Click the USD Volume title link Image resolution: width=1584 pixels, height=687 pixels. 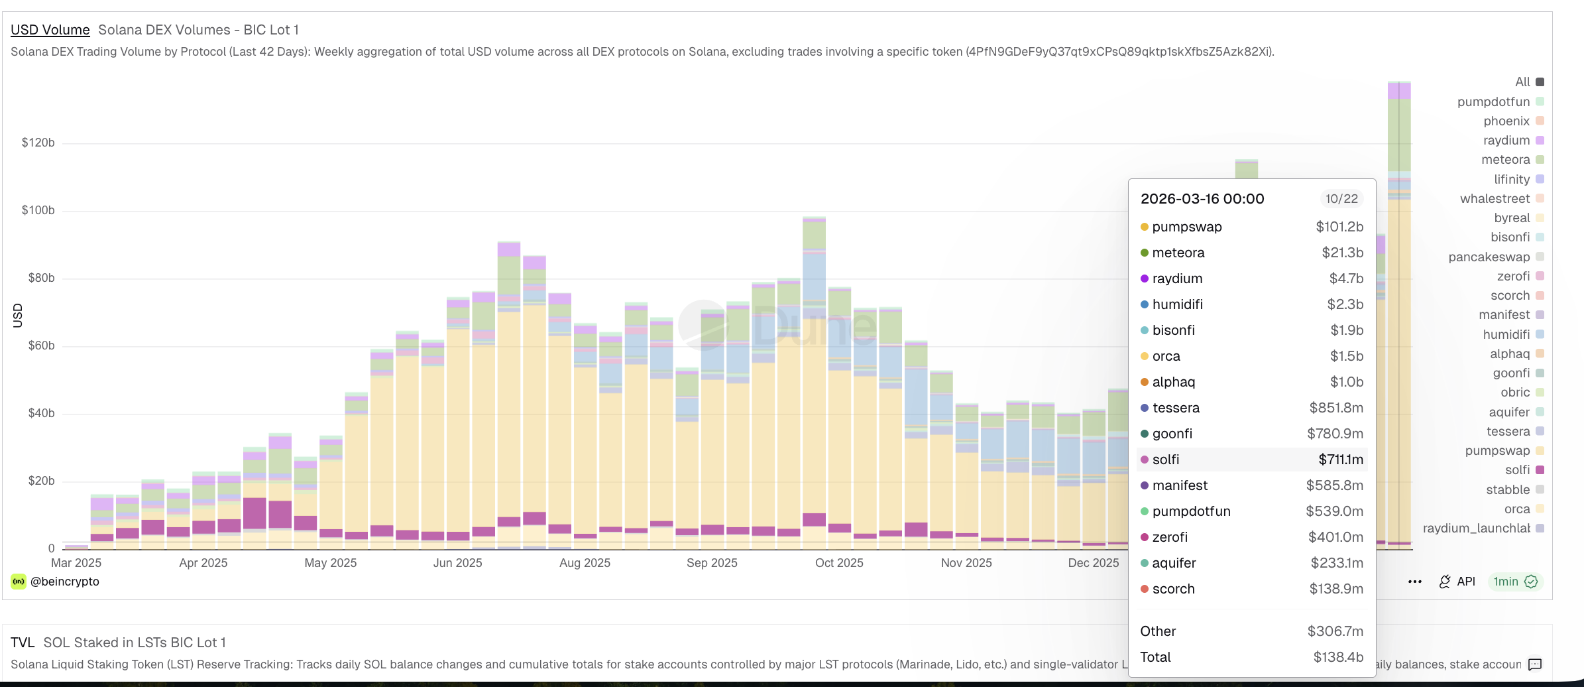[50, 30]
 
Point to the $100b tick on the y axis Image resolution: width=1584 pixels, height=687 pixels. [38, 210]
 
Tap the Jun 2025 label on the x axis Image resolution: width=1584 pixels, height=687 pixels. [457, 563]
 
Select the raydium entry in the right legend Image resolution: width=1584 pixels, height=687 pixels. [1506, 141]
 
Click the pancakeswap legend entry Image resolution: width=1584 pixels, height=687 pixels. [1489, 257]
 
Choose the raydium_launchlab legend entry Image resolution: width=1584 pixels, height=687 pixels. [1476, 529]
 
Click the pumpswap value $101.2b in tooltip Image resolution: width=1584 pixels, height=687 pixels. [1339, 227]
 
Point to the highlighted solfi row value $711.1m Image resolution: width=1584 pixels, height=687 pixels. [1340, 460]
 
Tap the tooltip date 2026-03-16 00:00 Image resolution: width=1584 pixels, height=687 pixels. [1202, 199]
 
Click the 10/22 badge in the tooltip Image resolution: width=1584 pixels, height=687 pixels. [1341, 199]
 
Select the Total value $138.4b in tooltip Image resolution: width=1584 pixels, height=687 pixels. [1338, 657]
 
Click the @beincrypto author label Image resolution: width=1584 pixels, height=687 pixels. [65, 582]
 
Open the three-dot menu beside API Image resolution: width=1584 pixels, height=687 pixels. [1414, 582]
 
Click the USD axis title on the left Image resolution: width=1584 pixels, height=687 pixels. [18, 316]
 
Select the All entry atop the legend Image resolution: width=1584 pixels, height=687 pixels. [1522, 82]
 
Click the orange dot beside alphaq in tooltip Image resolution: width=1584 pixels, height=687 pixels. [1145, 382]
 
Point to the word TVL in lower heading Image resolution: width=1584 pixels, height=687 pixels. [23, 643]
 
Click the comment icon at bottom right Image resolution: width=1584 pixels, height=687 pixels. [1535, 664]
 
